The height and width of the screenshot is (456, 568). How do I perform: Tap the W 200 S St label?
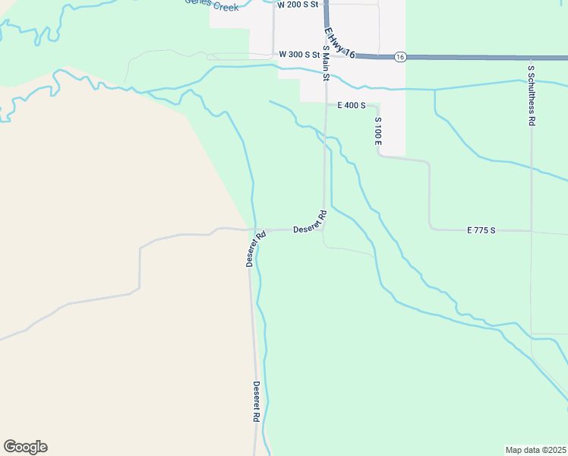click(298, 5)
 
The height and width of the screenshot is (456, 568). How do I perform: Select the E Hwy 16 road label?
click(339, 42)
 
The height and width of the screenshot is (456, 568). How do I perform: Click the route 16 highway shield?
click(400, 57)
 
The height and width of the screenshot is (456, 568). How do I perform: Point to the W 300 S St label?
click(299, 55)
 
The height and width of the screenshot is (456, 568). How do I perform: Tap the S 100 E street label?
click(377, 131)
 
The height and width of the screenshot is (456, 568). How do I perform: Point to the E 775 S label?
click(481, 230)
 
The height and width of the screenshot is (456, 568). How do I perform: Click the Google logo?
click(25, 447)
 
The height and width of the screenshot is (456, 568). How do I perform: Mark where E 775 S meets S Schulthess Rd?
click(532, 230)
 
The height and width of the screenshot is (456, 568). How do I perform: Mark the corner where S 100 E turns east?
click(379, 155)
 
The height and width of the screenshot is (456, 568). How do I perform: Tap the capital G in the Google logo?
click(10, 447)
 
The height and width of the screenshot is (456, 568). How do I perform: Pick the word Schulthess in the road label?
click(532, 90)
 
